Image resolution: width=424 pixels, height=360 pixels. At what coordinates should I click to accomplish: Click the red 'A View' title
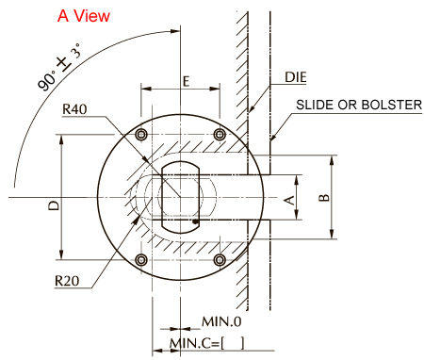84,16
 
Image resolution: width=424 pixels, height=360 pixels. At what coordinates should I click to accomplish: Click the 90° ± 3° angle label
59,67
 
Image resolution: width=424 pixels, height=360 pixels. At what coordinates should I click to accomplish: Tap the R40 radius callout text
74,109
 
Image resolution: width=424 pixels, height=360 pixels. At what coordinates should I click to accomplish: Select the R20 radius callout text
67,281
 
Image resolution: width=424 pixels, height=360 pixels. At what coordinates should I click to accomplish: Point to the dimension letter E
187,81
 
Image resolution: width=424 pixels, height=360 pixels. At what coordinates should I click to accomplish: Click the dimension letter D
54,205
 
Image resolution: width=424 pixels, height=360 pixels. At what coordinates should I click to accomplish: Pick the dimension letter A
289,200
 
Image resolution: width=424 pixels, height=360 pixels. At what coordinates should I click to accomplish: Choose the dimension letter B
324,198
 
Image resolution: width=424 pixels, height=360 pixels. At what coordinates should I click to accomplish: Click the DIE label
295,77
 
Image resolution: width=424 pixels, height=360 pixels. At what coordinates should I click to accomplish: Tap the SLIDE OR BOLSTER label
359,105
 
